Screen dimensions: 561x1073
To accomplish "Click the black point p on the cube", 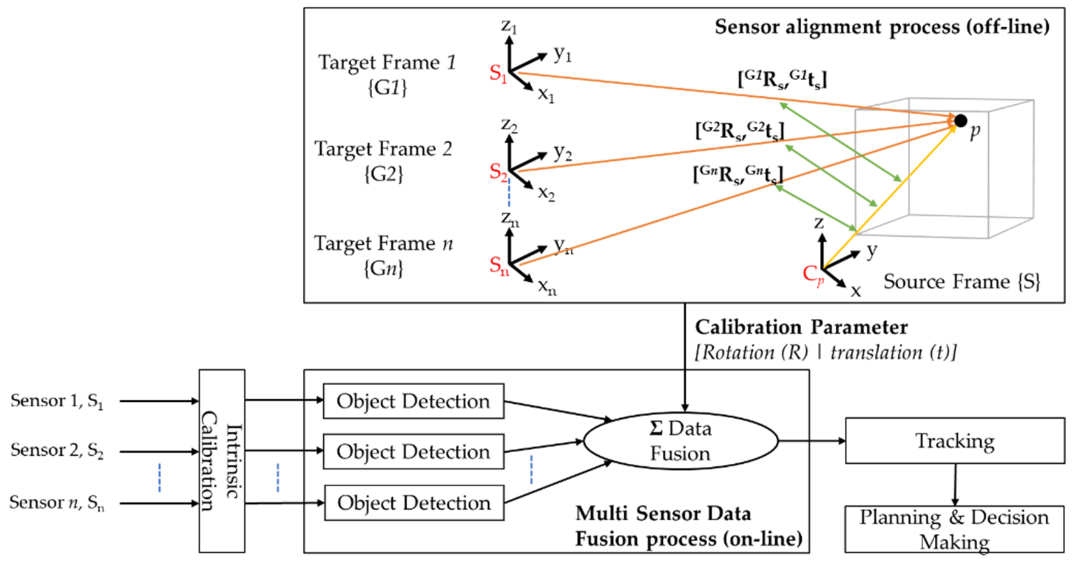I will (x=960, y=121).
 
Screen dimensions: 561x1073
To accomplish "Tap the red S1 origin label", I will (x=498, y=74).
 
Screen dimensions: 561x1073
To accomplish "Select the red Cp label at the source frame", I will (x=813, y=275).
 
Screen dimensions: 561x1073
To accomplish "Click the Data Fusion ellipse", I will (x=680, y=441).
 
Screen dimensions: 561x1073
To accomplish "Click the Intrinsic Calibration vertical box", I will (x=221, y=461).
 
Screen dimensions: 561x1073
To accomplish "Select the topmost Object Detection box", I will (x=413, y=401).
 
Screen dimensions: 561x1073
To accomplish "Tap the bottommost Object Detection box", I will (x=414, y=503).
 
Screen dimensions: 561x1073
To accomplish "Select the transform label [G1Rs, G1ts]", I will (x=782, y=79).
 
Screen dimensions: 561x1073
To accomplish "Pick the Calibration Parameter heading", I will (x=801, y=327).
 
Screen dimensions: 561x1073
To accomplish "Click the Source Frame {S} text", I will (x=962, y=282).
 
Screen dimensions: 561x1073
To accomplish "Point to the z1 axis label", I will (x=508, y=26).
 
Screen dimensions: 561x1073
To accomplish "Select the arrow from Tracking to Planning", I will (x=955, y=484).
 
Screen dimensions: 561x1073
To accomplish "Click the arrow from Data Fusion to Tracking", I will (x=811, y=441).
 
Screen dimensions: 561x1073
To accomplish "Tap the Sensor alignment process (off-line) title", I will (x=882, y=27).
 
